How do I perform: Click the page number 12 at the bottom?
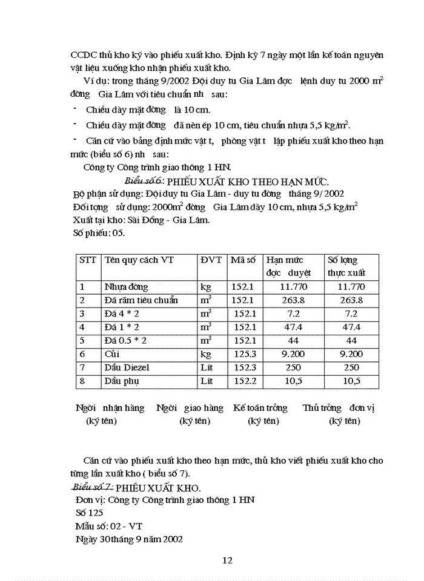click(x=228, y=560)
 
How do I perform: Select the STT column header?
click(x=88, y=260)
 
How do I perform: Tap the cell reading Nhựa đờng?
click(x=126, y=287)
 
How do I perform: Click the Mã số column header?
click(x=244, y=260)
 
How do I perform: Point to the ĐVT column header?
click(x=211, y=260)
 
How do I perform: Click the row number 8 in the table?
click(x=82, y=381)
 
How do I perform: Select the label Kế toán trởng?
click(x=260, y=408)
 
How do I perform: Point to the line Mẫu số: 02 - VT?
click(x=109, y=525)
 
